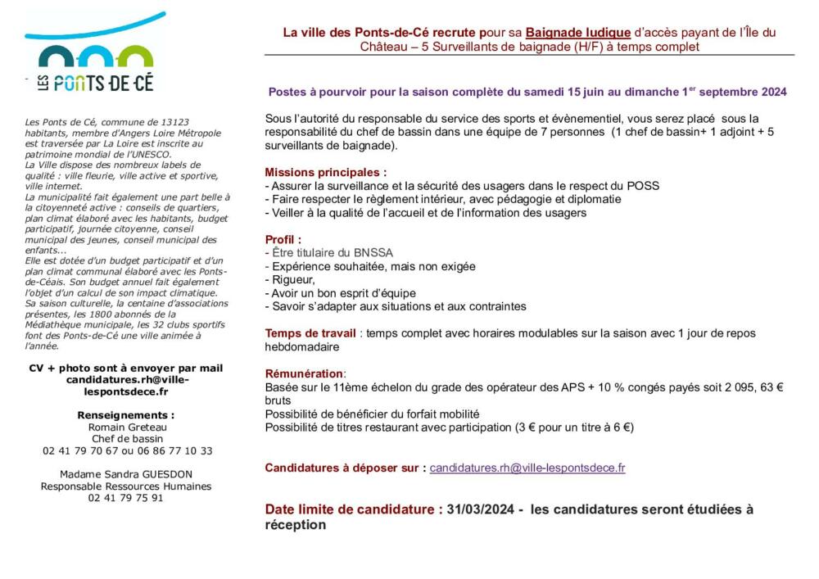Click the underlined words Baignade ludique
point(578,33)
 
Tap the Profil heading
point(283,239)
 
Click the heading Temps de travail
point(310,333)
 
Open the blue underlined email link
point(527,468)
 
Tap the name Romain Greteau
point(128,427)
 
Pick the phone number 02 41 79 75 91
point(126,497)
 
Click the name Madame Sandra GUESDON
point(126,474)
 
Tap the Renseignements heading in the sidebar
point(126,415)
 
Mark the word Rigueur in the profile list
point(292,280)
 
